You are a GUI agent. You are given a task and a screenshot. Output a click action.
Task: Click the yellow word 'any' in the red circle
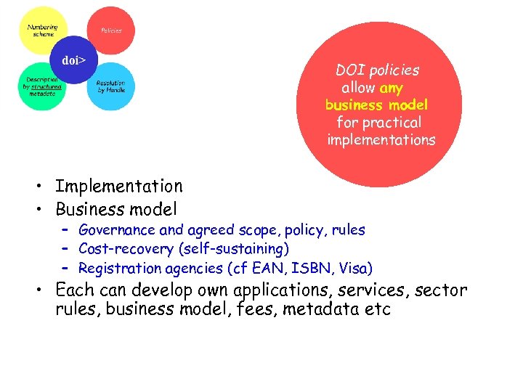391,88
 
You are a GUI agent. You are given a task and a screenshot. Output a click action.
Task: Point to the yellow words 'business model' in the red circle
376,105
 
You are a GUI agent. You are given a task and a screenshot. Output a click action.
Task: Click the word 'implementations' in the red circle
381,140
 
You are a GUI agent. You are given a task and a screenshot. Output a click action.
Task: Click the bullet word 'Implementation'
119,187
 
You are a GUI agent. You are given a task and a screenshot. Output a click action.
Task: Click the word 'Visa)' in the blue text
355,268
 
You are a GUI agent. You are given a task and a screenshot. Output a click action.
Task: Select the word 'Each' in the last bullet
75,290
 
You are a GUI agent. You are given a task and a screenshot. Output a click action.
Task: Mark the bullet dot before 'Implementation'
44,188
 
